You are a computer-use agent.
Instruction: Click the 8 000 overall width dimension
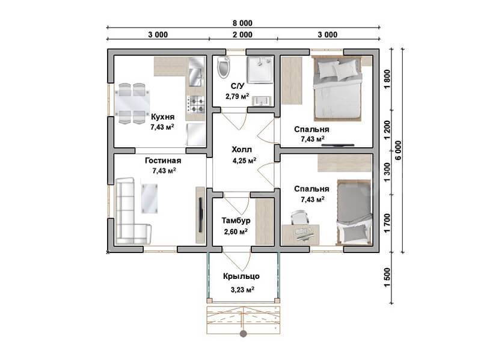point(242,23)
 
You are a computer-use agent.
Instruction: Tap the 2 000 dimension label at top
point(242,35)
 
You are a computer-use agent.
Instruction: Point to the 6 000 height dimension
point(398,150)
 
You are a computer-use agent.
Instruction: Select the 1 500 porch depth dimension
point(387,278)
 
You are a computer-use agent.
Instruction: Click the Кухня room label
point(162,117)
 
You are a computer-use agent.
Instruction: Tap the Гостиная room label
point(163,160)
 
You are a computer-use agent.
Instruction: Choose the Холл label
point(242,150)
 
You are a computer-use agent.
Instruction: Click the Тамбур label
point(236,221)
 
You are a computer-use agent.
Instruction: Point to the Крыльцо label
point(241,276)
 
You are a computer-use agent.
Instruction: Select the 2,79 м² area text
point(237,96)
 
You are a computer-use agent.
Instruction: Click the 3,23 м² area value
point(242,290)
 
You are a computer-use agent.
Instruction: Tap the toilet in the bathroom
point(223,67)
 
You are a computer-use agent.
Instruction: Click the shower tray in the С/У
point(260,70)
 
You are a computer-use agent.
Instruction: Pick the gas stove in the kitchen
point(195,104)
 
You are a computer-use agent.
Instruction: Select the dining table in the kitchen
point(132,103)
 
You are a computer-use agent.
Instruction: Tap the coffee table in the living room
point(149,198)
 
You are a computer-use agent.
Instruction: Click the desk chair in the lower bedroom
point(299,218)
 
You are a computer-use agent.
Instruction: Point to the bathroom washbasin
point(262,100)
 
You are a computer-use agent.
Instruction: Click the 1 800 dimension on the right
point(387,79)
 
